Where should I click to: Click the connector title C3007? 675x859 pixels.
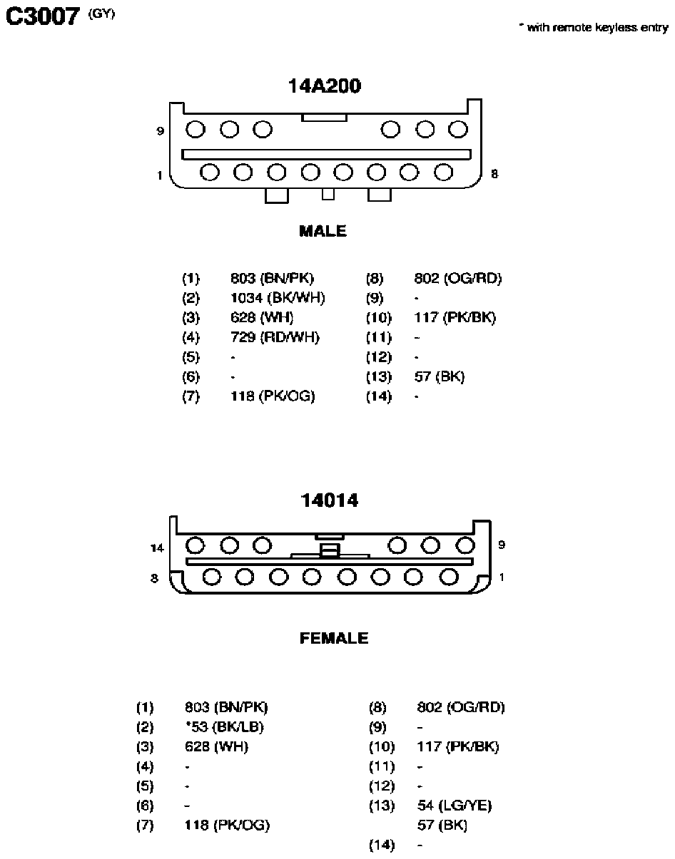click(x=43, y=16)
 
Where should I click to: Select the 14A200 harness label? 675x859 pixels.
click(x=325, y=86)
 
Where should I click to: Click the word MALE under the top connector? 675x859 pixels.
click(x=323, y=231)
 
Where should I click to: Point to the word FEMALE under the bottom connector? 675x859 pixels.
click(x=335, y=638)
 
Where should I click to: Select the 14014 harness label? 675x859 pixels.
click(x=330, y=500)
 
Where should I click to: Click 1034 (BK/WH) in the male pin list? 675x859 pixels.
click(x=278, y=298)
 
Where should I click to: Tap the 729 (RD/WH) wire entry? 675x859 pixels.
click(x=275, y=337)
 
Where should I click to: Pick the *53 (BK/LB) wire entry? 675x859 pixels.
click(x=225, y=727)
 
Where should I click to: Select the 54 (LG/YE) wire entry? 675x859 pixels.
click(x=455, y=806)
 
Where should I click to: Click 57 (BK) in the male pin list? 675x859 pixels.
click(x=440, y=376)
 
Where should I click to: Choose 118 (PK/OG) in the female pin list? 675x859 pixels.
click(x=227, y=825)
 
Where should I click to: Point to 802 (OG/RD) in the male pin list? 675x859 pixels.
click(x=458, y=278)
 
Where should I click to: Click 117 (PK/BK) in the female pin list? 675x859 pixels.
click(x=458, y=746)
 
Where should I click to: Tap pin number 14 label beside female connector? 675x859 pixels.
click(x=157, y=548)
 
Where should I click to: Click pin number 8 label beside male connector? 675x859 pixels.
click(x=494, y=174)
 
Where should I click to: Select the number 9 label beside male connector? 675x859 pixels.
click(x=161, y=131)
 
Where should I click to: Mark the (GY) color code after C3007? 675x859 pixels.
click(x=102, y=14)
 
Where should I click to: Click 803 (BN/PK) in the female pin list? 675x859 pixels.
click(x=226, y=707)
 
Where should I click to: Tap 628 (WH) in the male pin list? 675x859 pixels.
click(x=262, y=317)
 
